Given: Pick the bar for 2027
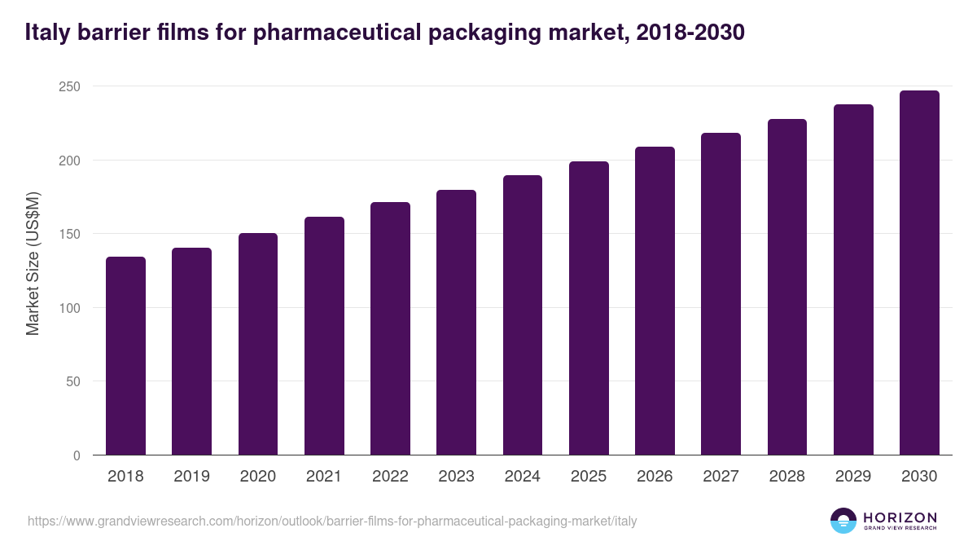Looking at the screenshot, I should tap(721, 294).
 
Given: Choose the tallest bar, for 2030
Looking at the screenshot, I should tap(919, 273).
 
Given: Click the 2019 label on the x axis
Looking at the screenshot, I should tap(191, 477).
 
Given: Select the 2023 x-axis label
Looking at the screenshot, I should tap(456, 477).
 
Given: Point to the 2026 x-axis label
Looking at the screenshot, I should tap(655, 477).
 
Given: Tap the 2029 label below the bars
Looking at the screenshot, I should tap(853, 477).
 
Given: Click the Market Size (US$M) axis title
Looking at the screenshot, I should tap(33, 264).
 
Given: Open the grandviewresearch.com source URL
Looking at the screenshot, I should tap(332, 521).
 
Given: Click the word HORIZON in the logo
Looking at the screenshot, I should tap(900, 517).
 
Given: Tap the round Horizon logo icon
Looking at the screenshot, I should tap(843, 521).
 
